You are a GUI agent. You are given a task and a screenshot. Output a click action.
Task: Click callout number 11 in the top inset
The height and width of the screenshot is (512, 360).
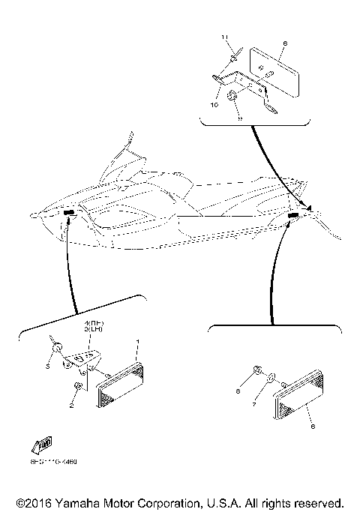223,37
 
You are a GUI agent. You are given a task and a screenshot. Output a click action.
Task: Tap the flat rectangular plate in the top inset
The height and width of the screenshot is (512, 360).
275,70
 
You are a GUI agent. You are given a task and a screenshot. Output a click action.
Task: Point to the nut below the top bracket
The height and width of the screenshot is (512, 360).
234,96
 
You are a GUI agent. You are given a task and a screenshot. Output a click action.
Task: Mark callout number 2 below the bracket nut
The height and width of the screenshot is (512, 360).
71,406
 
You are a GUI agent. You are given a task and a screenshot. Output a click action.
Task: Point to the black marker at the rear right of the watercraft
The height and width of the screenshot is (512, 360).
292,216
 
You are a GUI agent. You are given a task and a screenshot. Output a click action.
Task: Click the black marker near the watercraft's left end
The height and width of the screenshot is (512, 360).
69,215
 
